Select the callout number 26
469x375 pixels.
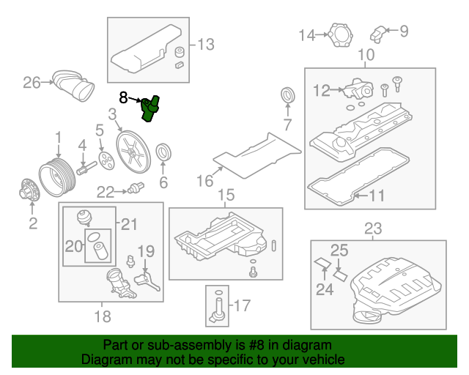pos(31,83)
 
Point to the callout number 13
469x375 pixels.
pos(206,45)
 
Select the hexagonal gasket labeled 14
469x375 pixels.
pos(339,35)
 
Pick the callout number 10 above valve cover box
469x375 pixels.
pos(366,55)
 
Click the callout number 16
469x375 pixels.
pos(204,179)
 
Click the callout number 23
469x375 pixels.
pos(373,229)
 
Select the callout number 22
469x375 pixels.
pos(106,192)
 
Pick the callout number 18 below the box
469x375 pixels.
pos(103,316)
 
